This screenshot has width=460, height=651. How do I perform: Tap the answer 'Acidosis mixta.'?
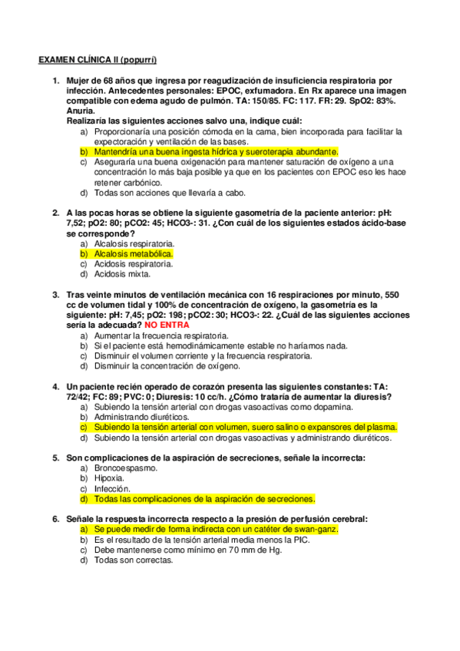122,274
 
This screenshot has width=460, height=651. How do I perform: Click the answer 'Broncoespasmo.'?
126,468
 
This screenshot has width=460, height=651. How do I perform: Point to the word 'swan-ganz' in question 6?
316,530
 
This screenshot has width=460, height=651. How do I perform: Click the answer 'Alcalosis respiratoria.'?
134,243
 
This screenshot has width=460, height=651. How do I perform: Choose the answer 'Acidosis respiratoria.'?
134,263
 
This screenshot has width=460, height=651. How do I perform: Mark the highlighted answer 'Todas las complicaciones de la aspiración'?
200,497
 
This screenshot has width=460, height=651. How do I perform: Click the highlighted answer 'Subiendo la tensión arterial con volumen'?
245,427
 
